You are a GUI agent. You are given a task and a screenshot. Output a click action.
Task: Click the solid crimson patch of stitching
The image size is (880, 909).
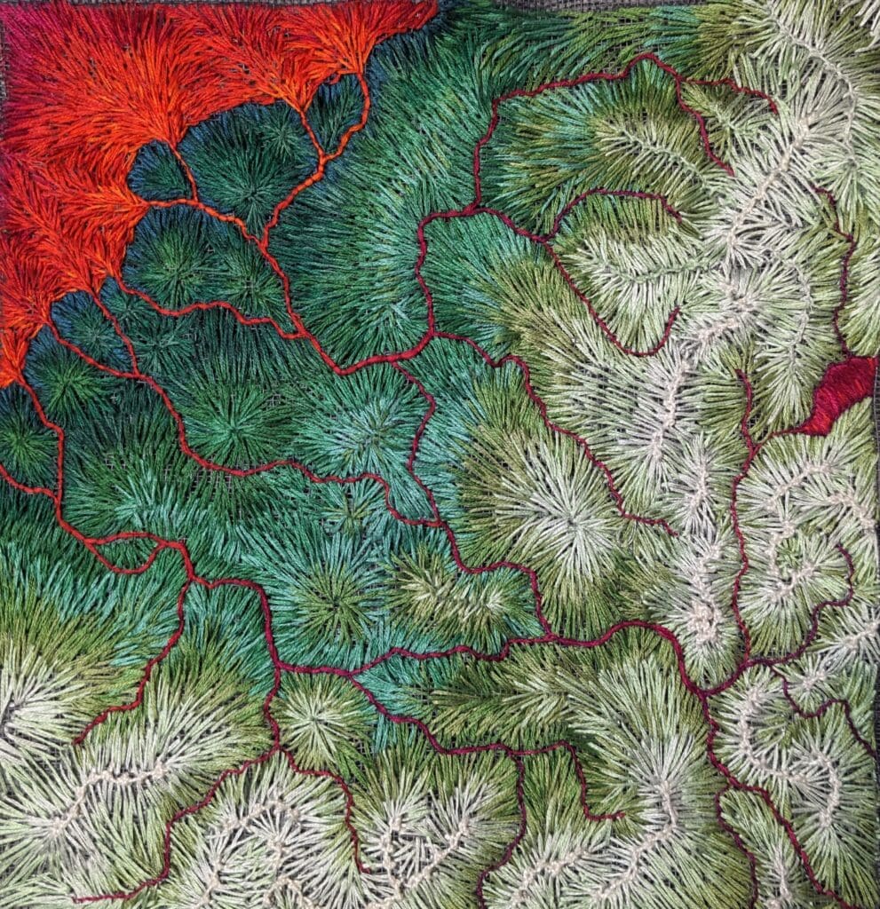(839, 391)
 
